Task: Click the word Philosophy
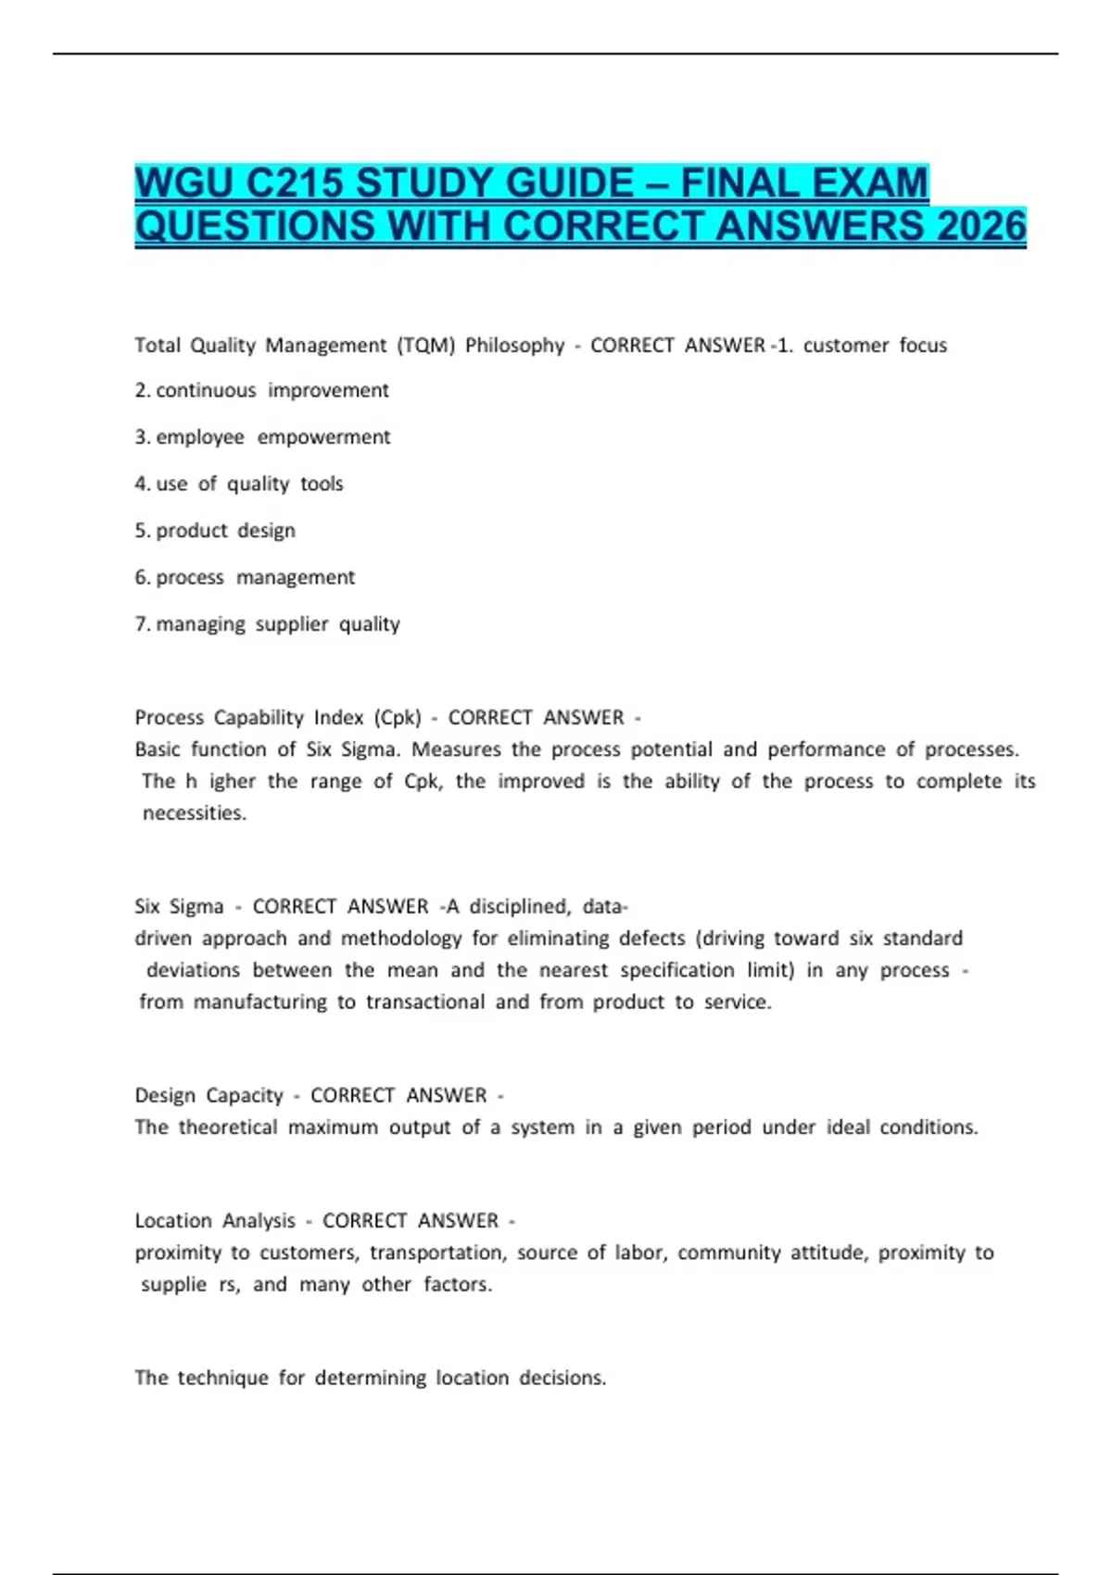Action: [x=514, y=346]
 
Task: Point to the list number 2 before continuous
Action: [x=141, y=391]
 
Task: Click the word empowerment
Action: [x=323, y=437]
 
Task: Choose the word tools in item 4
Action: [x=322, y=484]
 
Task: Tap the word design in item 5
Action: [x=266, y=531]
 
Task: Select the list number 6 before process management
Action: [x=141, y=577]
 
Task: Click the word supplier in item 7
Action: [x=292, y=624]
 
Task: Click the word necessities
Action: [x=194, y=813]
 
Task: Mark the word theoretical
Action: [x=227, y=1128]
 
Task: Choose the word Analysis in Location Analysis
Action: [x=259, y=1221]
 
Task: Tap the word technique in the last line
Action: [x=222, y=1378]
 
